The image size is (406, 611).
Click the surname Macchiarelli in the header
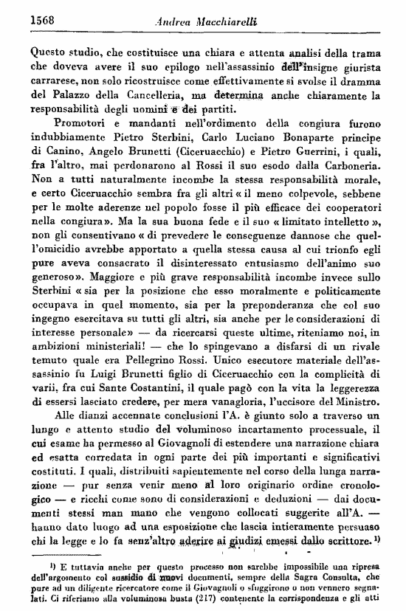[221, 22]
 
